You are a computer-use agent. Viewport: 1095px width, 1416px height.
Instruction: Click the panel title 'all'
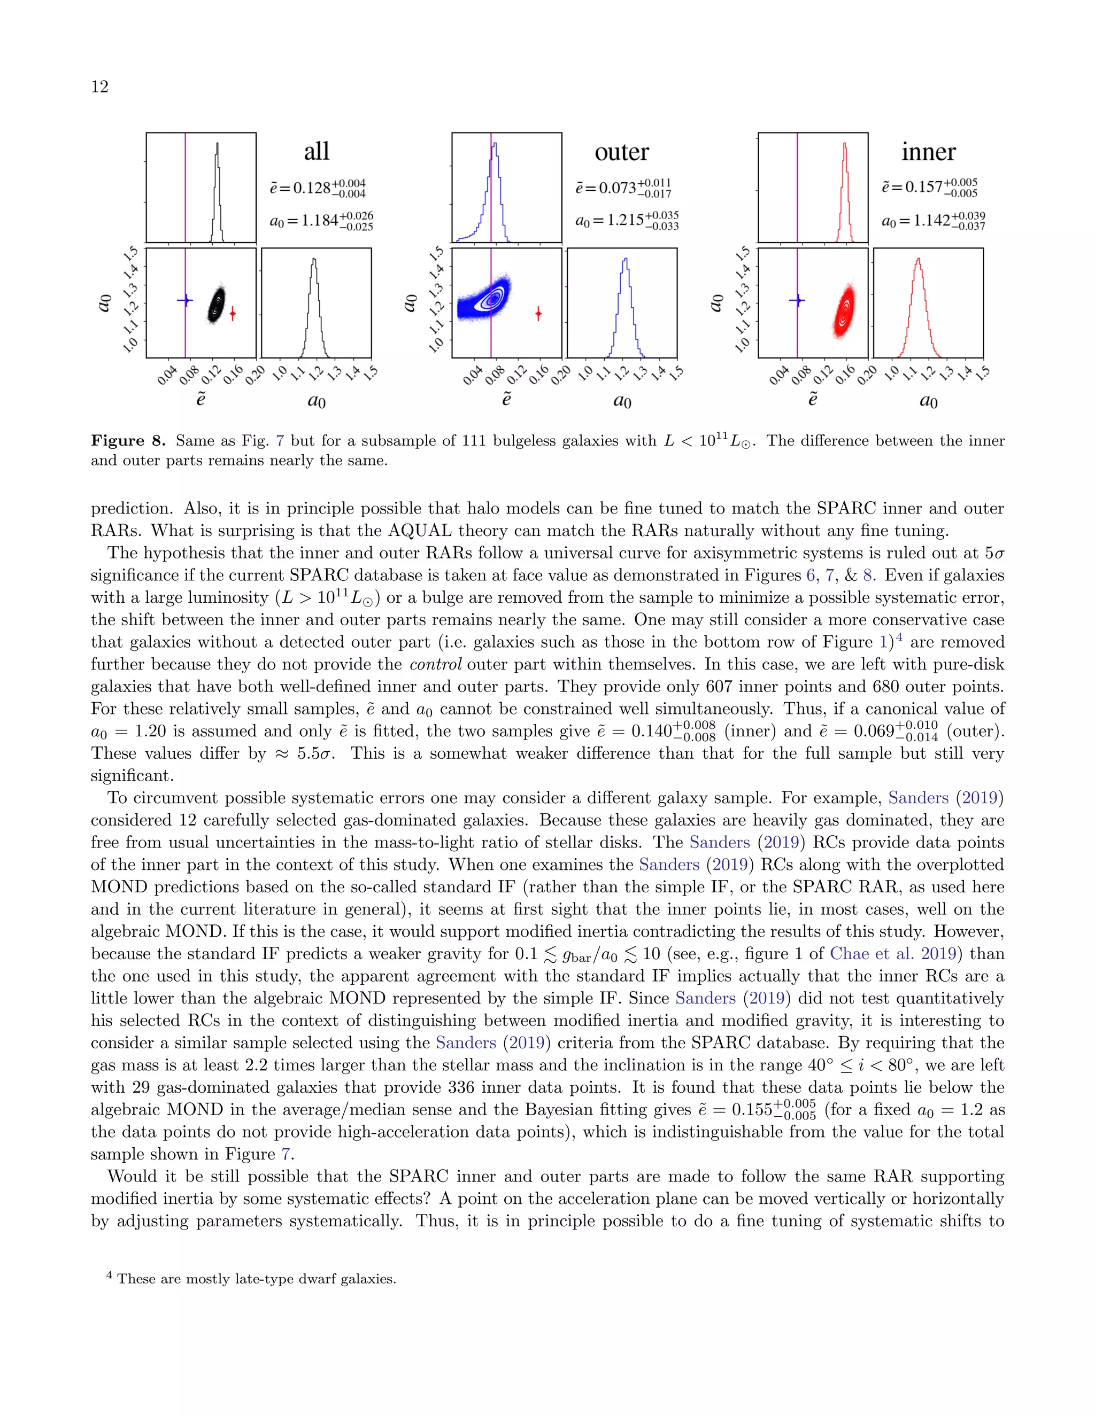[317, 152]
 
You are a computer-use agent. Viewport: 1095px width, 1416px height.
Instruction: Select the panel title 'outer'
[621, 152]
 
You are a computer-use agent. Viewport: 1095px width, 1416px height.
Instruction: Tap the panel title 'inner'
[928, 152]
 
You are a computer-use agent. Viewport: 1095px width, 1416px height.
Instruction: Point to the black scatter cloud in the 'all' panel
[216, 305]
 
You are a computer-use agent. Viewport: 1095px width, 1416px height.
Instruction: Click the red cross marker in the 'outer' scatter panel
[538, 314]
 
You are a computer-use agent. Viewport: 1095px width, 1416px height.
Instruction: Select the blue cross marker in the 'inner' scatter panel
[797, 300]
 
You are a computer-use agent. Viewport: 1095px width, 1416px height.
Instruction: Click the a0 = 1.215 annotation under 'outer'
[626, 221]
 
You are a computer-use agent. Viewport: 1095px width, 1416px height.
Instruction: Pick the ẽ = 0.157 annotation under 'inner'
[929, 188]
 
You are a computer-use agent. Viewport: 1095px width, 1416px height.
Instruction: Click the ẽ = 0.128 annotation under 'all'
[317, 188]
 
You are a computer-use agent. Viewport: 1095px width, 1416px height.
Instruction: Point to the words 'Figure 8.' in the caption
[128, 441]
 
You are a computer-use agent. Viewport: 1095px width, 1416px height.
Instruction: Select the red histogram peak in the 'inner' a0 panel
[918, 261]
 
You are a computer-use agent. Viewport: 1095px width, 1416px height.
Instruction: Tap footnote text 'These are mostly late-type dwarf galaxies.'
[256, 1279]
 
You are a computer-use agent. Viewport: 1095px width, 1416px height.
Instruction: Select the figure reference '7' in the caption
[280, 441]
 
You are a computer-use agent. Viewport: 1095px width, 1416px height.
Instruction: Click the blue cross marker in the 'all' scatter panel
[186, 300]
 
